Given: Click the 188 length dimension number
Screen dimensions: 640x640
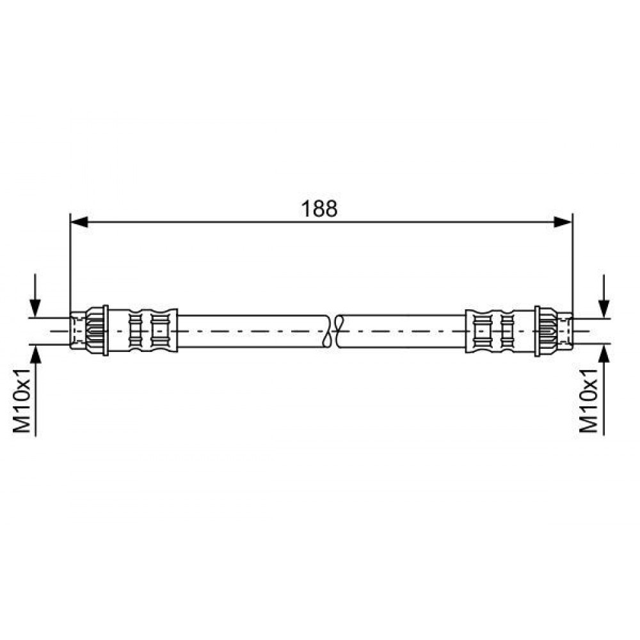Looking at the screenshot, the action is coord(319,209).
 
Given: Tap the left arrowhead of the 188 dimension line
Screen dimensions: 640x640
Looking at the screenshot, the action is coord(79,222).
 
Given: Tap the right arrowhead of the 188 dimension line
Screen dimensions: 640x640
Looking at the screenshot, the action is coord(563,222).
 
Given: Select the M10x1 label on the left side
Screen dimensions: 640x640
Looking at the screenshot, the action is coord(22,401).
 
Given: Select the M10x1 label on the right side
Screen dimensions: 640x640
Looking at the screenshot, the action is coord(589,401).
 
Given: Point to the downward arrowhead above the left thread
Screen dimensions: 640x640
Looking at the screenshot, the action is coord(35,308).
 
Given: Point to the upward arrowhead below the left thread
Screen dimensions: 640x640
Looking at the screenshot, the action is coord(35,355).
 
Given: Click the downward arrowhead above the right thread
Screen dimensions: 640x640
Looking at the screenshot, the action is coord(604,309).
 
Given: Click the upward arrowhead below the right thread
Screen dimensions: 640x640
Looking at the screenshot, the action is coord(604,353).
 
